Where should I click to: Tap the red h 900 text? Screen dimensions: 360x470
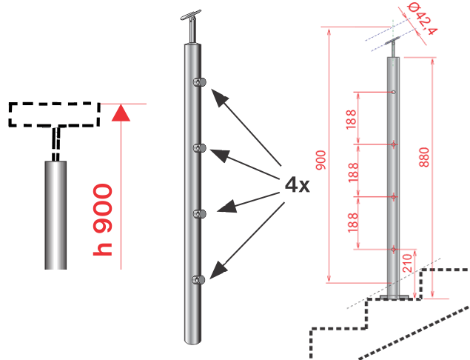coord(104,220)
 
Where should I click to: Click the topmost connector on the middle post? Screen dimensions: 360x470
coord(198,81)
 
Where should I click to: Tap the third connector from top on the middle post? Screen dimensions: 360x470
coord(198,214)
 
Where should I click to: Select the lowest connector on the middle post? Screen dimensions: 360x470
coord(198,279)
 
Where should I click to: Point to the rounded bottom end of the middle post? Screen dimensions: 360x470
coord(192,339)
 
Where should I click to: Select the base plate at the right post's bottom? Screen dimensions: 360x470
coord(392,299)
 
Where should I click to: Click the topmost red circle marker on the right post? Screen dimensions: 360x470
coord(393,93)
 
